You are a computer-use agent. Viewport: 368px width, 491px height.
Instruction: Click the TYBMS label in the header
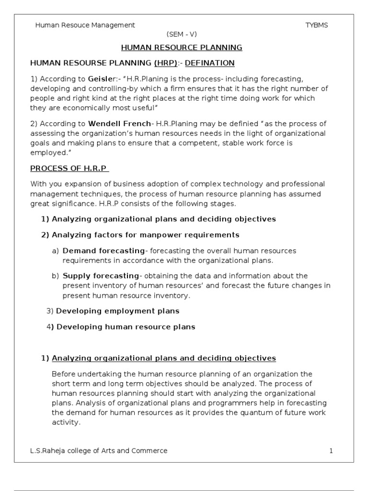point(317,25)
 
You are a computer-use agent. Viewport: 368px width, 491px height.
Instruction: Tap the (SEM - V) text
point(182,35)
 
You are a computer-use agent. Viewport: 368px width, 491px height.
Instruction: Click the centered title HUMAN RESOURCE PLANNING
point(182,47)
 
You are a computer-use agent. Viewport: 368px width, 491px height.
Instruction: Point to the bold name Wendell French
point(119,124)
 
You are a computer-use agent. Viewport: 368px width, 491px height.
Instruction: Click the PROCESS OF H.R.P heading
point(70,168)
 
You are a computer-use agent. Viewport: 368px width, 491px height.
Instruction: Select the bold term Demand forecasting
point(103,251)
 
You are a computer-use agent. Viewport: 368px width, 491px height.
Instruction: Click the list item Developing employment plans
point(117,311)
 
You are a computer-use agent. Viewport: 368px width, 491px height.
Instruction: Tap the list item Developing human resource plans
point(126,327)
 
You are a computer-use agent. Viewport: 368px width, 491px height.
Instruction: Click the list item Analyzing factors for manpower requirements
point(145,235)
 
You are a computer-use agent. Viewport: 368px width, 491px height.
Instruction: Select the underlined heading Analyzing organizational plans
point(163,358)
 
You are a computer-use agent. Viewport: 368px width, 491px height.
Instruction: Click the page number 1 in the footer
point(331,451)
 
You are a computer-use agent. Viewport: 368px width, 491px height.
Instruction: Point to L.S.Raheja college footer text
point(99,451)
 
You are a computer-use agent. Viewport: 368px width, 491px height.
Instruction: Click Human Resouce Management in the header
point(85,25)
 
